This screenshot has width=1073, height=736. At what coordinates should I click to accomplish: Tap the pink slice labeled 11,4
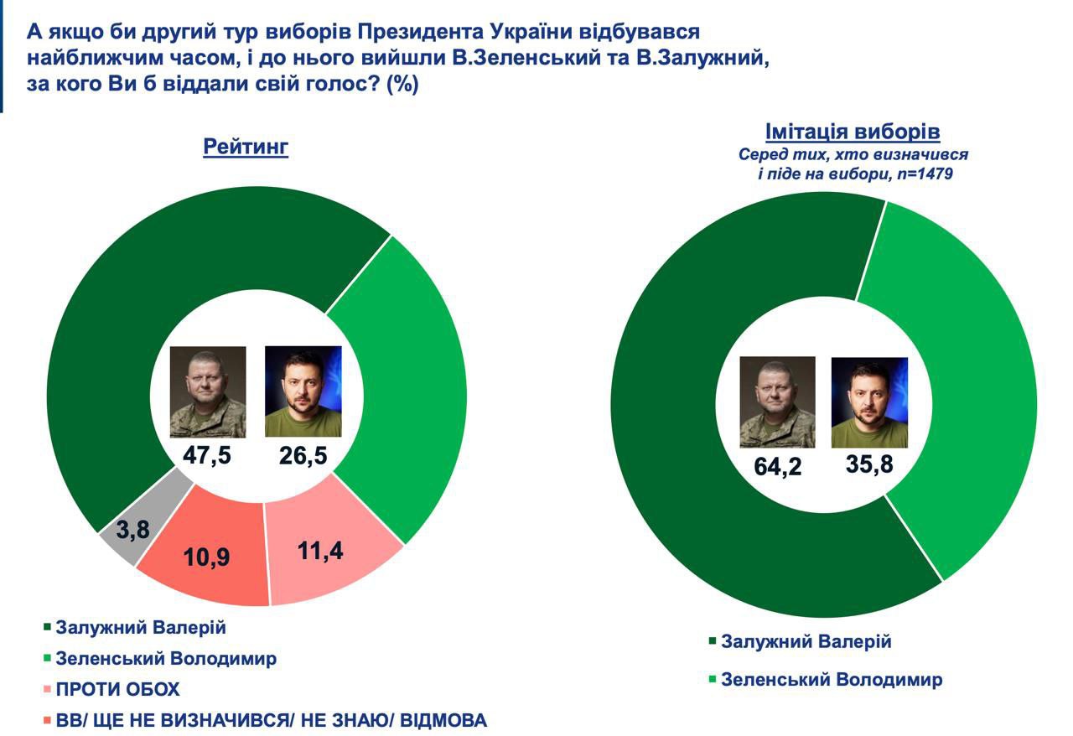pyautogui.click(x=334, y=552)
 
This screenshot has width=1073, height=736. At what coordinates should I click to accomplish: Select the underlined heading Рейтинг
pyautogui.click(x=246, y=148)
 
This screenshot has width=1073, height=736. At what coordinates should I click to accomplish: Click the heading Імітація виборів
pyautogui.click(x=853, y=132)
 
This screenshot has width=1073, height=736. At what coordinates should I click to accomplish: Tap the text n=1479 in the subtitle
pyautogui.click(x=924, y=175)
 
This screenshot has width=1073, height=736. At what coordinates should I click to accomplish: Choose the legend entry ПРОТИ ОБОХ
pyautogui.click(x=117, y=689)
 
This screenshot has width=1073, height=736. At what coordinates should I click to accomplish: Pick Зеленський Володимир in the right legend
pyautogui.click(x=831, y=679)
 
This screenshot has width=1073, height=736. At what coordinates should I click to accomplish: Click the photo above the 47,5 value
pyautogui.click(x=208, y=391)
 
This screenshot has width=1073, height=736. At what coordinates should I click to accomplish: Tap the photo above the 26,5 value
pyautogui.click(x=303, y=391)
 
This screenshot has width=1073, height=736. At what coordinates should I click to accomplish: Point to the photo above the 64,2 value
pyautogui.click(x=777, y=402)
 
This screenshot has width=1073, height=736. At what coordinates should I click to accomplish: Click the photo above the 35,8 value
pyautogui.click(x=869, y=402)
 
